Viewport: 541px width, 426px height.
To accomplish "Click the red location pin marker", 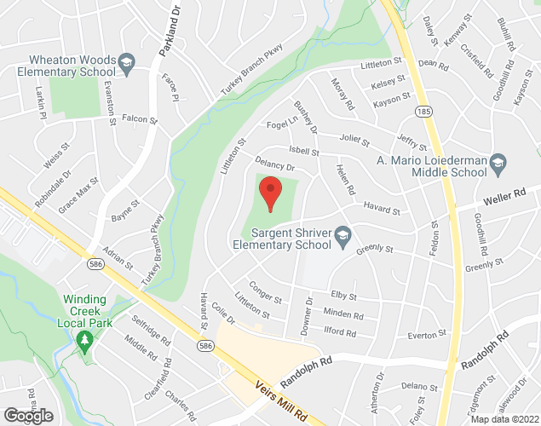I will [270, 193].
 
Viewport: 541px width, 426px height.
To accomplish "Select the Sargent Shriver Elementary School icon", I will [342, 234].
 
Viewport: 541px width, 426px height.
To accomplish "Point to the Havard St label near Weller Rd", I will [381, 209].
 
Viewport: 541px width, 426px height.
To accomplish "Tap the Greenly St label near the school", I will [375, 250].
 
